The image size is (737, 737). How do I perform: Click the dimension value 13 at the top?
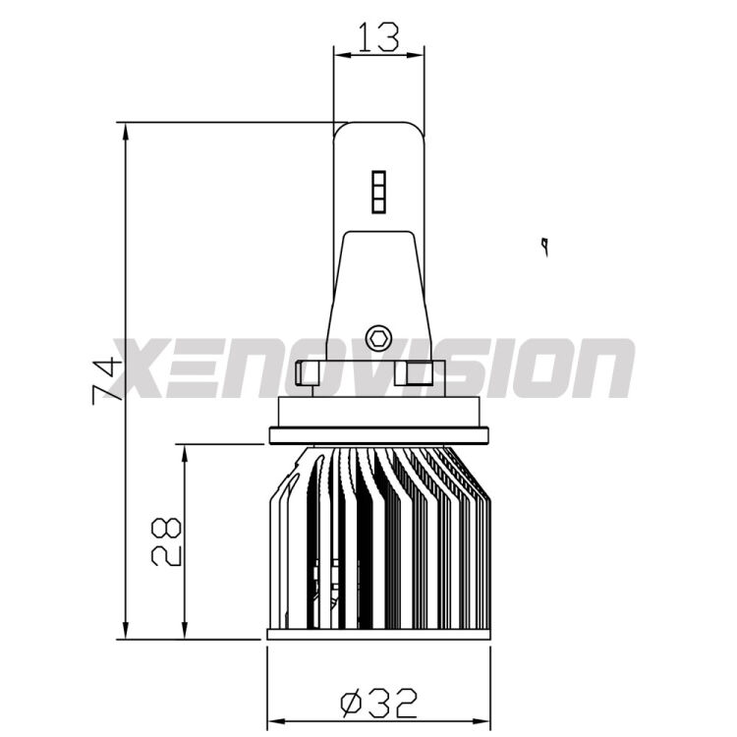click(378, 36)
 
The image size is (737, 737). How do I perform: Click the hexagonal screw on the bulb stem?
click(377, 338)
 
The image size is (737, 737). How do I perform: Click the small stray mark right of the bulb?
click(542, 243)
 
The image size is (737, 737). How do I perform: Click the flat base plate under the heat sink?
click(378, 635)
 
